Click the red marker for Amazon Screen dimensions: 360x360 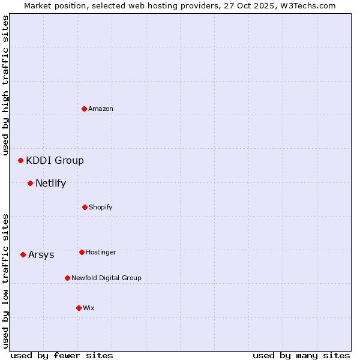coord(84,109)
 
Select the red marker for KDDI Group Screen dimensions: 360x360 coord(20,160)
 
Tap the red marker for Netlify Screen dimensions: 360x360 coord(30,183)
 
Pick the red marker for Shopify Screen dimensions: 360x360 coord(85,207)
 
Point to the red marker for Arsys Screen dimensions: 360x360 coord(23,254)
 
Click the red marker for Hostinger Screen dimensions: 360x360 coord(82,252)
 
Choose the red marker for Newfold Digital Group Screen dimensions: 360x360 coord(67,278)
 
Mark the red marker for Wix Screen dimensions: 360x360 coord(79,308)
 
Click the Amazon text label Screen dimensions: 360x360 coord(101,109)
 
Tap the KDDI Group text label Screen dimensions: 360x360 coord(55,160)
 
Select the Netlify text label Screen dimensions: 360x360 coord(50,183)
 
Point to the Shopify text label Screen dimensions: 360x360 coord(101,207)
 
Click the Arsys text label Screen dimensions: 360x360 coord(41,254)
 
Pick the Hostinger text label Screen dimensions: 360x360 coord(101,252)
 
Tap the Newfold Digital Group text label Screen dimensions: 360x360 coord(106,278)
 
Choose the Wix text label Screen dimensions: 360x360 coord(89,308)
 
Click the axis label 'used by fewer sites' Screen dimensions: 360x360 coord(62,355)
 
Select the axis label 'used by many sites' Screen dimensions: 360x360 coord(301,355)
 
